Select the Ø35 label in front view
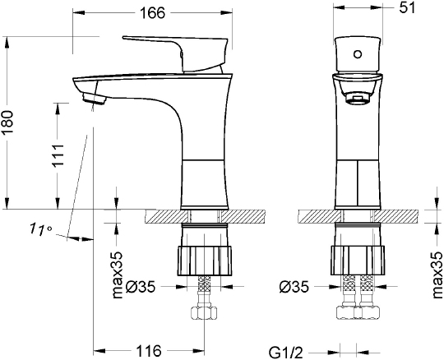[x=294, y=288]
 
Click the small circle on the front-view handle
[x=357, y=56]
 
